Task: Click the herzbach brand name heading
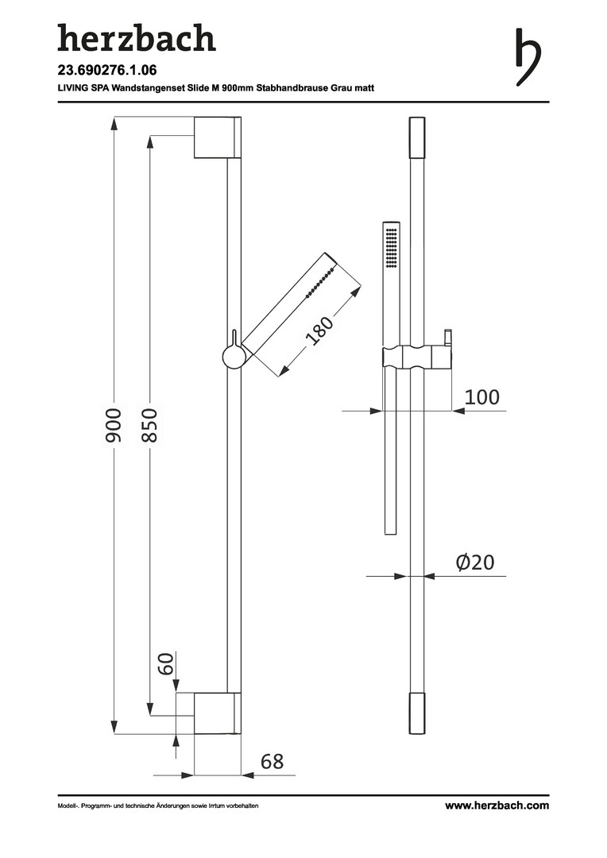pyautogui.click(x=137, y=38)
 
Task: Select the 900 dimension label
pyautogui.click(x=114, y=425)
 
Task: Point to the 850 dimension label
pyautogui.click(x=149, y=425)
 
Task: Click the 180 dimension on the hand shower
pyautogui.click(x=319, y=330)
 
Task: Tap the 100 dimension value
pyautogui.click(x=481, y=396)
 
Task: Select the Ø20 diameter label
pyautogui.click(x=475, y=562)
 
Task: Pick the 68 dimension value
pyautogui.click(x=272, y=761)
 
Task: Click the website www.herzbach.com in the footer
pyautogui.click(x=497, y=806)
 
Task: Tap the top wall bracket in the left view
pyautogui.click(x=217, y=137)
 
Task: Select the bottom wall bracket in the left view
pyautogui.click(x=217, y=713)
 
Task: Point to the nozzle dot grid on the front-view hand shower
pyautogui.click(x=392, y=247)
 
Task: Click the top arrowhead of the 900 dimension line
pyautogui.click(x=114, y=124)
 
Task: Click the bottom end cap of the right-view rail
pyautogui.click(x=417, y=713)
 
